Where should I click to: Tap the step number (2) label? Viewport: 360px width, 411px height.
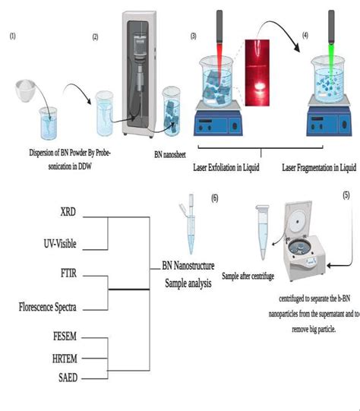tap(95, 36)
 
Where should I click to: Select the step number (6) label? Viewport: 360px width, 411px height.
tap(215, 198)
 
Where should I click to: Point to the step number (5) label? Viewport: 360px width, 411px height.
tap(346, 194)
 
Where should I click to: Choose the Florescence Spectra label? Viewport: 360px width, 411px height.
tap(49, 307)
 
